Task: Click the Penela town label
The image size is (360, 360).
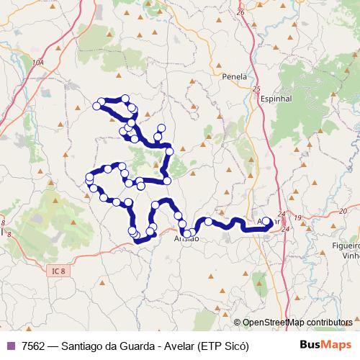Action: [x=235, y=76]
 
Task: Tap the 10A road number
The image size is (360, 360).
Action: [x=37, y=63]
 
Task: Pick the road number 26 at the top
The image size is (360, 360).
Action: [x=240, y=12]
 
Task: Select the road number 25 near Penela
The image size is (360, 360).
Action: [x=256, y=89]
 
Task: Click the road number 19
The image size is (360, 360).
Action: [x=297, y=217]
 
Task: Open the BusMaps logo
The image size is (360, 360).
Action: [x=325, y=345]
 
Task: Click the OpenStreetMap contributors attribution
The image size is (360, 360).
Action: [x=297, y=322]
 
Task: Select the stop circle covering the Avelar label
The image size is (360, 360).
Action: [x=266, y=222]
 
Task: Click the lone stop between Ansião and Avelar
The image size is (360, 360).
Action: [x=209, y=222]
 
